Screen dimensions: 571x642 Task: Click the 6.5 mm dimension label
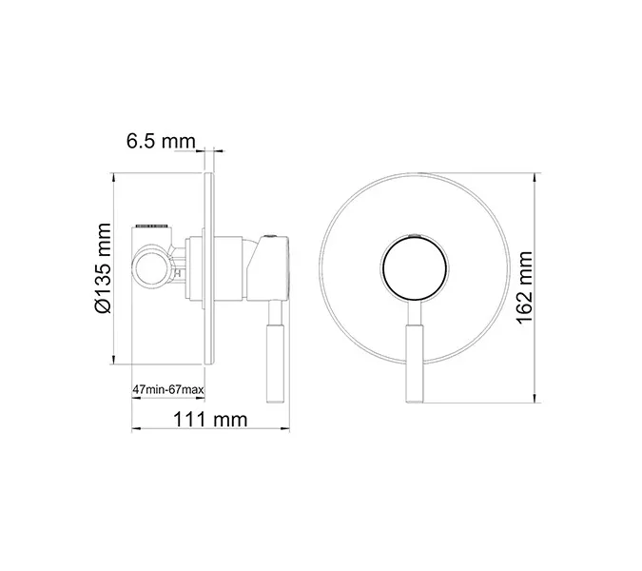coord(160,142)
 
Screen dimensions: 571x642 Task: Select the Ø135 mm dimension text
coord(104,269)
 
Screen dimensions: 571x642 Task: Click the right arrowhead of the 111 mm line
coord(283,431)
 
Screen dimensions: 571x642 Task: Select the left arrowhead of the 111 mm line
coord(132,431)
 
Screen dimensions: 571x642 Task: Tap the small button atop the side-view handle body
coord(271,234)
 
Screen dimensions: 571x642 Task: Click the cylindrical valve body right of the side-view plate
coord(233,269)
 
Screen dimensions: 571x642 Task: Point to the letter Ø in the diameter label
coord(104,305)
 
